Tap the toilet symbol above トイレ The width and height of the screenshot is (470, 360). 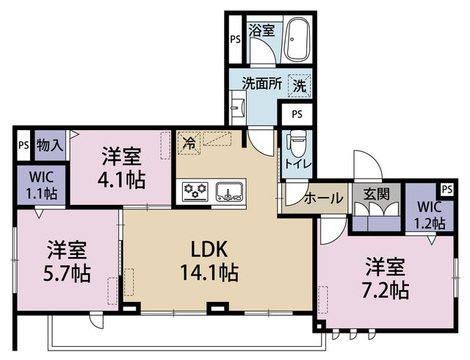[297, 144]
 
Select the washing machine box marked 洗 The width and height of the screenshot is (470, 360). [300, 86]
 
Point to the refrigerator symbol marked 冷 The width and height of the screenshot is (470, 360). [189, 143]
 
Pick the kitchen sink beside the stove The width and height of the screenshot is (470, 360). [229, 192]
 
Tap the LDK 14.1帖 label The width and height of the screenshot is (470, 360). [209, 260]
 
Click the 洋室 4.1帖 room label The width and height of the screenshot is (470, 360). [122, 168]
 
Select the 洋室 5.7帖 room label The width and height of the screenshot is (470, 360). [67, 261]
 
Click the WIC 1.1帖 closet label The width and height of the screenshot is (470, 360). [41, 185]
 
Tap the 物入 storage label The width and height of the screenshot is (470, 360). [50, 145]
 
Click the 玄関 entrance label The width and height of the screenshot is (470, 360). [377, 195]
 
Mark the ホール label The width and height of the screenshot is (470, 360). [324, 198]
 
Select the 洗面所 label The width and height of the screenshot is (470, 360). [262, 84]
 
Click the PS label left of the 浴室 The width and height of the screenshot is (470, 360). [236, 39]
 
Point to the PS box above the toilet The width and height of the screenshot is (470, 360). [297, 115]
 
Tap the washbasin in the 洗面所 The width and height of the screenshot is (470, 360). [238, 107]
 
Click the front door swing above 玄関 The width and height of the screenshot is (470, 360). [368, 165]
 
